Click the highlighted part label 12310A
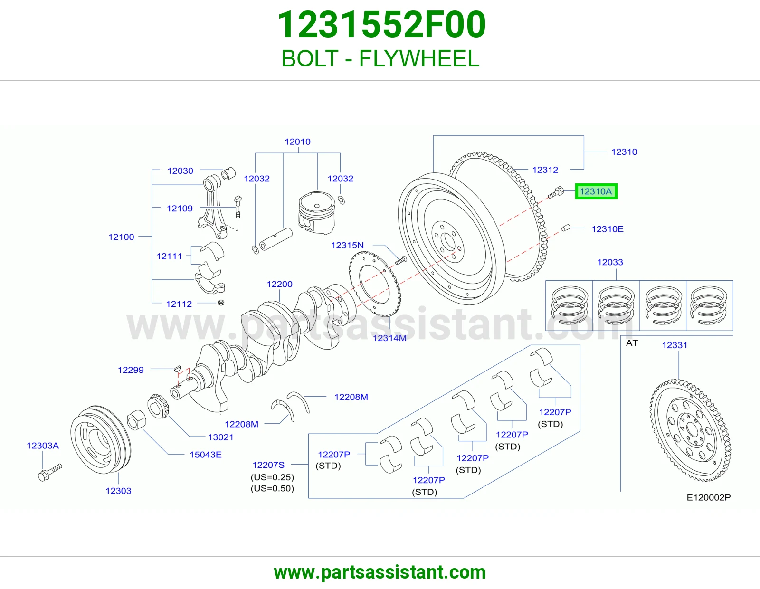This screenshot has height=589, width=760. (x=596, y=191)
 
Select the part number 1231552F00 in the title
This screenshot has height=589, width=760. (x=381, y=25)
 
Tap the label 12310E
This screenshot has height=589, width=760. (x=608, y=229)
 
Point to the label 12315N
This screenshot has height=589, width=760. (x=348, y=245)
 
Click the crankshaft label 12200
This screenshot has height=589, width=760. (x=279, y=284)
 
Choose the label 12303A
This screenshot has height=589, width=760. (x=43, y=446)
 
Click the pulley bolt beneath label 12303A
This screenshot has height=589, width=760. (x=50, y=472)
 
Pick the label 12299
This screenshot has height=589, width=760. (x=131, y=370)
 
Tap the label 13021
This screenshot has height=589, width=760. (x=221, y=437)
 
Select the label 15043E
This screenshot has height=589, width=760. (x=206, y=455)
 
